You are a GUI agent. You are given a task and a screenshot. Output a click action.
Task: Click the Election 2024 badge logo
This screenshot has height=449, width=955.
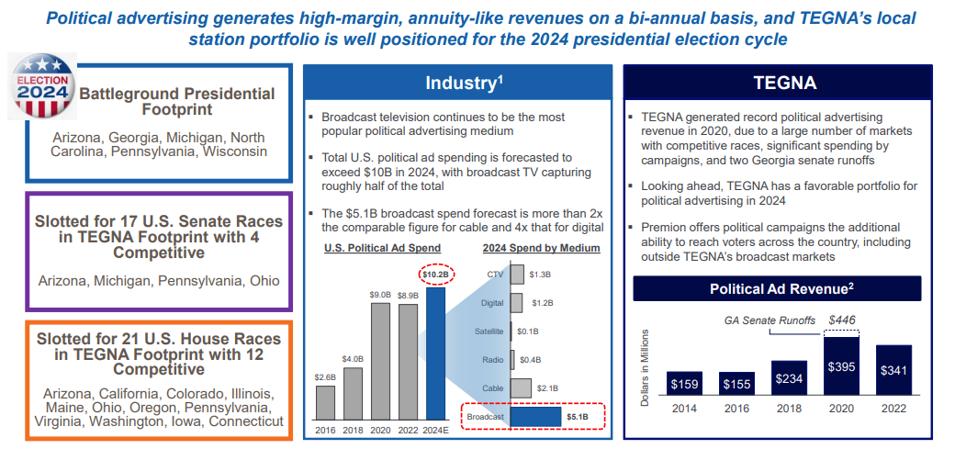42,86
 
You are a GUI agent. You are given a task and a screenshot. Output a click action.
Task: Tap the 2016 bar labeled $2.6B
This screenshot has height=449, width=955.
325,402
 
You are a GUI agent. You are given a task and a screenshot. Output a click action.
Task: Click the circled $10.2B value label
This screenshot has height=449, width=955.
434,275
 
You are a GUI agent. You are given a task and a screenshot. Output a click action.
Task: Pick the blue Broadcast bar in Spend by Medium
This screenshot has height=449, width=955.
534,416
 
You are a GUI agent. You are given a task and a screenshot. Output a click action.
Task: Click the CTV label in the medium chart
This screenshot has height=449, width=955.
494,274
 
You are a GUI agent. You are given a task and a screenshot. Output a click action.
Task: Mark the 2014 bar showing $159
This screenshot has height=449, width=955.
686,381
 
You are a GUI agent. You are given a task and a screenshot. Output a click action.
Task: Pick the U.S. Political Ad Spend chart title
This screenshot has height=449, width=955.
383,248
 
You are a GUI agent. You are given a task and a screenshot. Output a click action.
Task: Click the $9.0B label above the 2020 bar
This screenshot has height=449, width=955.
379,295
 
